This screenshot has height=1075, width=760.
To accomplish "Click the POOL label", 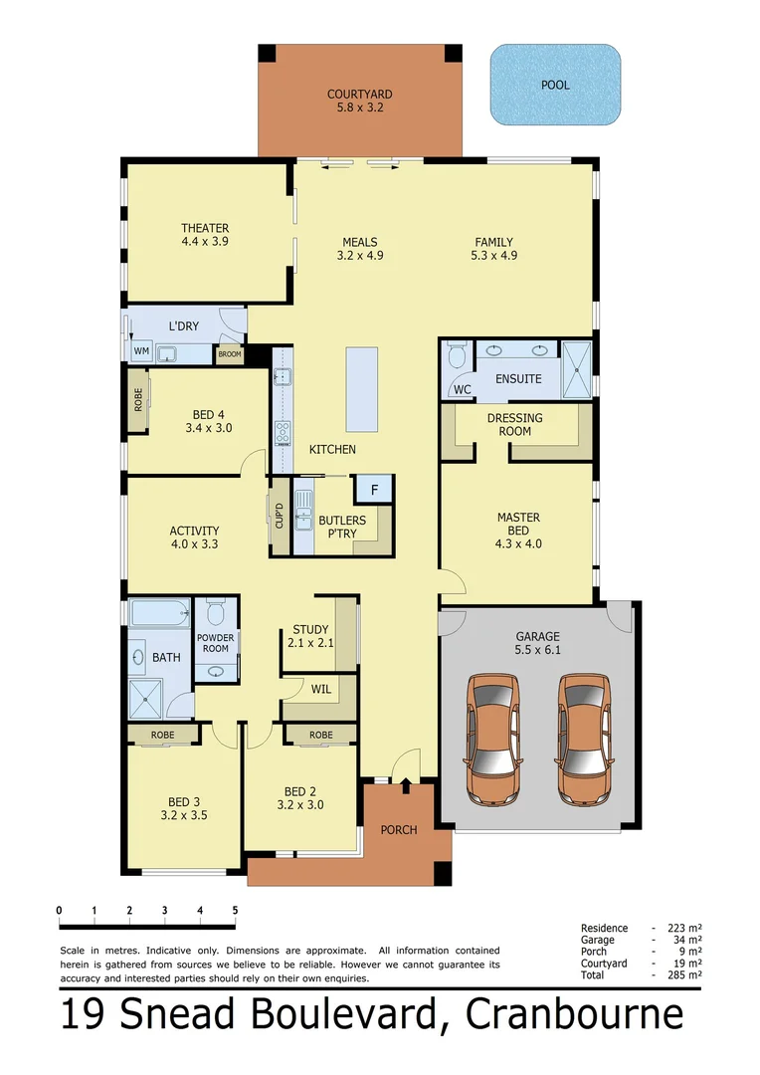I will [x=555, y=86].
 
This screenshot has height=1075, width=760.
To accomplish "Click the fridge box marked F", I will [x=374, y=490].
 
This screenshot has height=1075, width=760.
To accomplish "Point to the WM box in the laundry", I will [x=141, y=351].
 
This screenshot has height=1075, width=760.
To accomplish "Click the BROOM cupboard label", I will [x=229, y=354].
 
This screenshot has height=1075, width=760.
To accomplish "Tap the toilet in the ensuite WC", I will [x=457, y=356].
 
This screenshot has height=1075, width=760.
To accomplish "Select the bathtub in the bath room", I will [x=159, y=613].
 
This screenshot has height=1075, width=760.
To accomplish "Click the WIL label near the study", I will [x=320, y=689].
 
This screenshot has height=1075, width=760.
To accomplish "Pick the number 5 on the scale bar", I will [x=235, y=910].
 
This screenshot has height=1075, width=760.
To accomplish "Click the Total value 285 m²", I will [x=685, y=975].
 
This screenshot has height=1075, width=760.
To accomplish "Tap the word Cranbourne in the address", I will [x=574, y=1016].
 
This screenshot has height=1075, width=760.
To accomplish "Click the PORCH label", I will [x=399, y=829].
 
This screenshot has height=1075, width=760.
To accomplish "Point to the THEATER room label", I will [x=205, y=228].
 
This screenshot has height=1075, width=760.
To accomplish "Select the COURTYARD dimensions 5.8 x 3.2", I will [x=359, y=108].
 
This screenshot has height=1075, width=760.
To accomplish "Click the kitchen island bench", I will [x=360, y=389].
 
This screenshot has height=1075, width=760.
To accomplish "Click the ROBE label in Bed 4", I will [x=137, y=400].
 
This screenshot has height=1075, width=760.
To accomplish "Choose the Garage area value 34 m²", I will [x=685, y=940].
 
